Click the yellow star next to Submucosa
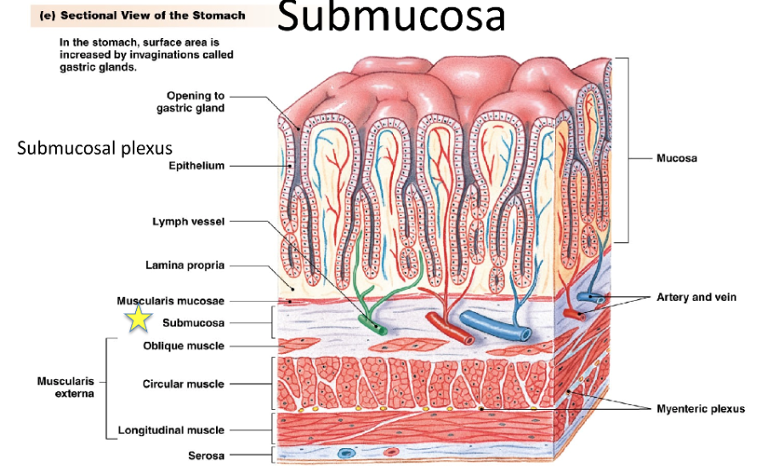(x=139, y=319)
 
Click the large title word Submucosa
(x=390, y=18)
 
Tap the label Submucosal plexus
(x=95, y=149)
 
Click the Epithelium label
(x=196, y=166)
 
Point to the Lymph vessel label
(x=188, y=222)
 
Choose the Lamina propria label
(x=185, y=265)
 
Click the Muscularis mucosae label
(x=170, y=301)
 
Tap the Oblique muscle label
(x=184, y=346)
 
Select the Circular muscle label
(x=183, y=384)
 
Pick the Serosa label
(x=206, y=456)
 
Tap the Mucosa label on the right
(x=677, y=158)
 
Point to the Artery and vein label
(x=696, y=298)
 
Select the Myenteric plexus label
(x=700, y=409)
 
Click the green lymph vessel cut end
(x=375, y=326)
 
